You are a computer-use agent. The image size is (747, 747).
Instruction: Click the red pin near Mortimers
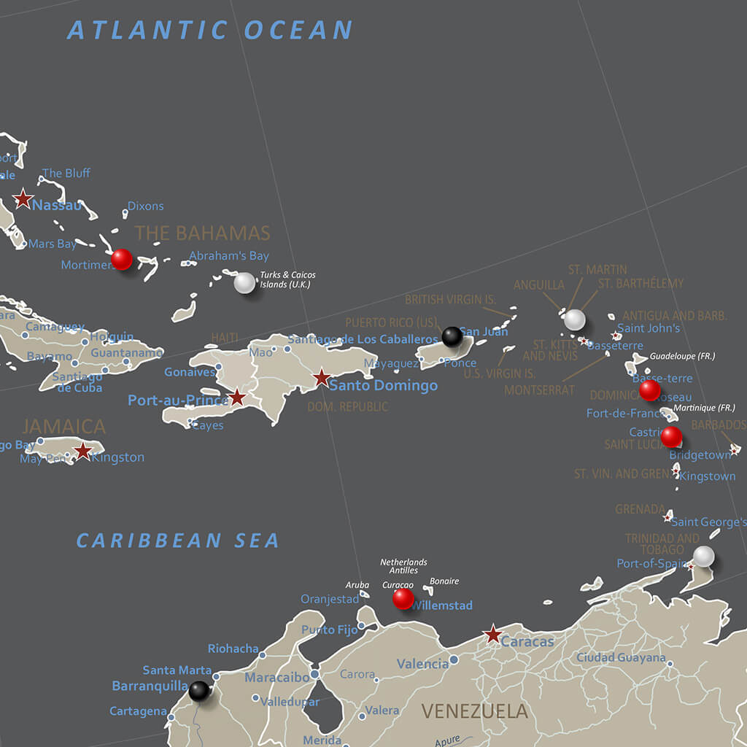pos(122,259)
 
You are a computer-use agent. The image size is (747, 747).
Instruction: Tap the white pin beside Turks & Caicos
pos(244,282)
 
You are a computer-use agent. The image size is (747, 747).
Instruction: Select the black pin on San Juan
pos(452,336)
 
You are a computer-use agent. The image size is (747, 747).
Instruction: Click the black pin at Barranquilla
pos(199,690)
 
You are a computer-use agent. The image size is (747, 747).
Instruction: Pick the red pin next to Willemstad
pos(403,599)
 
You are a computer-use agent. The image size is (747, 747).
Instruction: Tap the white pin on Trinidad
pos(703,556)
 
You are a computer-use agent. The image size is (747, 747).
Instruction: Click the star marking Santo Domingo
pos(322,378)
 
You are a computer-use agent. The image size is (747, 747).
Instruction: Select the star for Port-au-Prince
pos(237,397)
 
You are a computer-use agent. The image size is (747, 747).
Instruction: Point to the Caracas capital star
pos(494,634)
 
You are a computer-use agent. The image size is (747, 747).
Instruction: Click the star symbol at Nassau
pos(23,198)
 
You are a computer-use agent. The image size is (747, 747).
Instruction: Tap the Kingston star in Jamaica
pos(83,451)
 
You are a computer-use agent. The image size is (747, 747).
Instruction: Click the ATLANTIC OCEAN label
pos(210,31)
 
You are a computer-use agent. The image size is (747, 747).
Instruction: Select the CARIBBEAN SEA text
pos(178,541)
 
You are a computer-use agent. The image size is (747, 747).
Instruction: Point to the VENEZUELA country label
pos(474,711)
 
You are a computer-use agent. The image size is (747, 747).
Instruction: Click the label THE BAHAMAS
pos(202,233)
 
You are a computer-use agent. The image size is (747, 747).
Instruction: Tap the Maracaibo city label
pos(276,678)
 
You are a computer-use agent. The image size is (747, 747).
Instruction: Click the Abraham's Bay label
pos(229,256)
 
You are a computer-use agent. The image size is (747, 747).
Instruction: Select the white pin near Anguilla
pos(575,319)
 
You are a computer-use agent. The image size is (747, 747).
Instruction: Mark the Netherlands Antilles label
pos(403,566)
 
